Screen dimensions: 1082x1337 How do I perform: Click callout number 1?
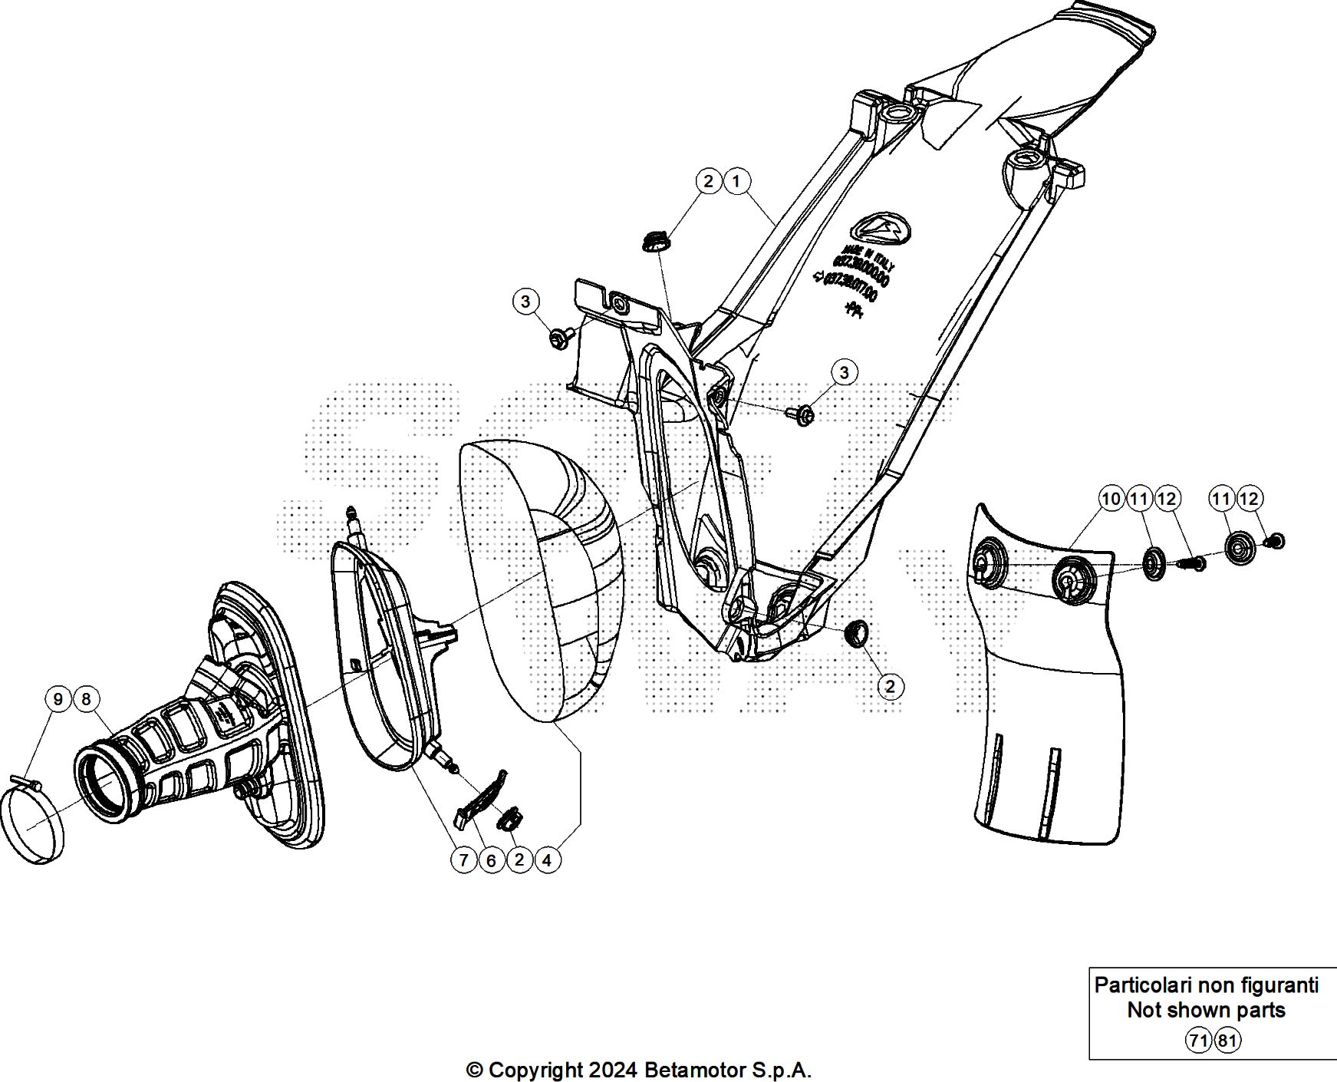[736, 182]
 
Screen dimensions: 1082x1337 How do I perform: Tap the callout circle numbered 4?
[547, 860]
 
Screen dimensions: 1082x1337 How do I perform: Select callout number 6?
[491, 860]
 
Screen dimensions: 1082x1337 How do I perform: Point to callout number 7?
[463, 860]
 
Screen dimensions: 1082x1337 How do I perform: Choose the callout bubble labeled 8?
[86, 699]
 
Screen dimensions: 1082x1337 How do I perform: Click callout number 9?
[58, 699]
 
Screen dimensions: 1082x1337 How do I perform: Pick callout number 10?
[1111, 499]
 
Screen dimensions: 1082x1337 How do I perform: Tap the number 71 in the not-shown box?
[1198, 1041]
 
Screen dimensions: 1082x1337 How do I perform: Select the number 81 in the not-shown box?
[1227, 1041]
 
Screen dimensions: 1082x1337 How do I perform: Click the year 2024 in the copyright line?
[611, 1070]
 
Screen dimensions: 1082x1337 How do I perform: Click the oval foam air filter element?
[545, 583]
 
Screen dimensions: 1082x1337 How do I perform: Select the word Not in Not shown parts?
[1143, 1011]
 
